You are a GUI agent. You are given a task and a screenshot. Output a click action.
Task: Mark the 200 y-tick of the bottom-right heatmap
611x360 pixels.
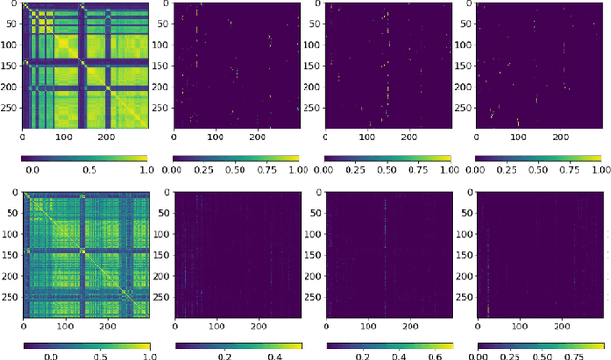tap(461, 273)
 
